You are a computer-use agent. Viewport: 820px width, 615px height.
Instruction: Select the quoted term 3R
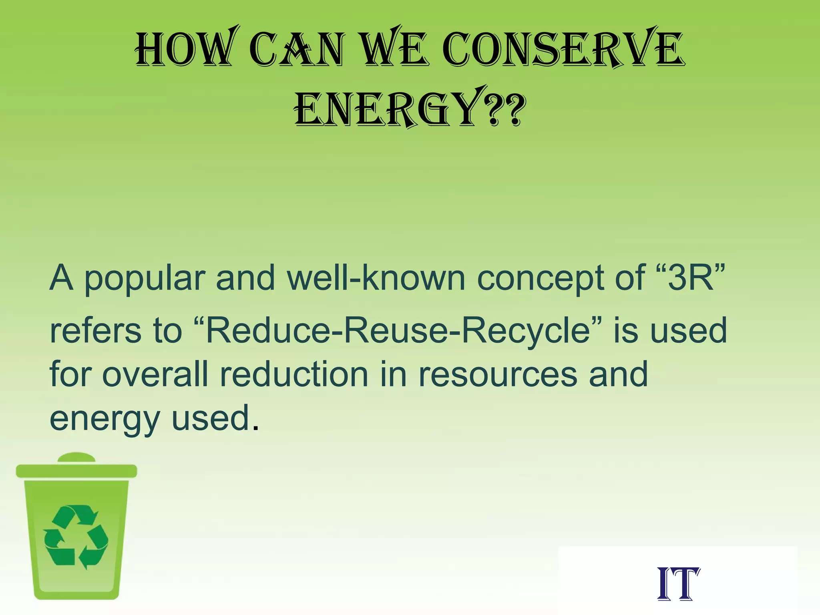691,278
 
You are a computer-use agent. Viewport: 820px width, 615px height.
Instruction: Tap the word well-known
376,278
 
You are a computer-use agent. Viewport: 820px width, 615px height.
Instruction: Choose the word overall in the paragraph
156,374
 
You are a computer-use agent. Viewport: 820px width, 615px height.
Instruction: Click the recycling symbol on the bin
76,537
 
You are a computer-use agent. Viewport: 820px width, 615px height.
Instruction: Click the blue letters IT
678,584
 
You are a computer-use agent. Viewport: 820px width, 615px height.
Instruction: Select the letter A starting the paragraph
61,277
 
